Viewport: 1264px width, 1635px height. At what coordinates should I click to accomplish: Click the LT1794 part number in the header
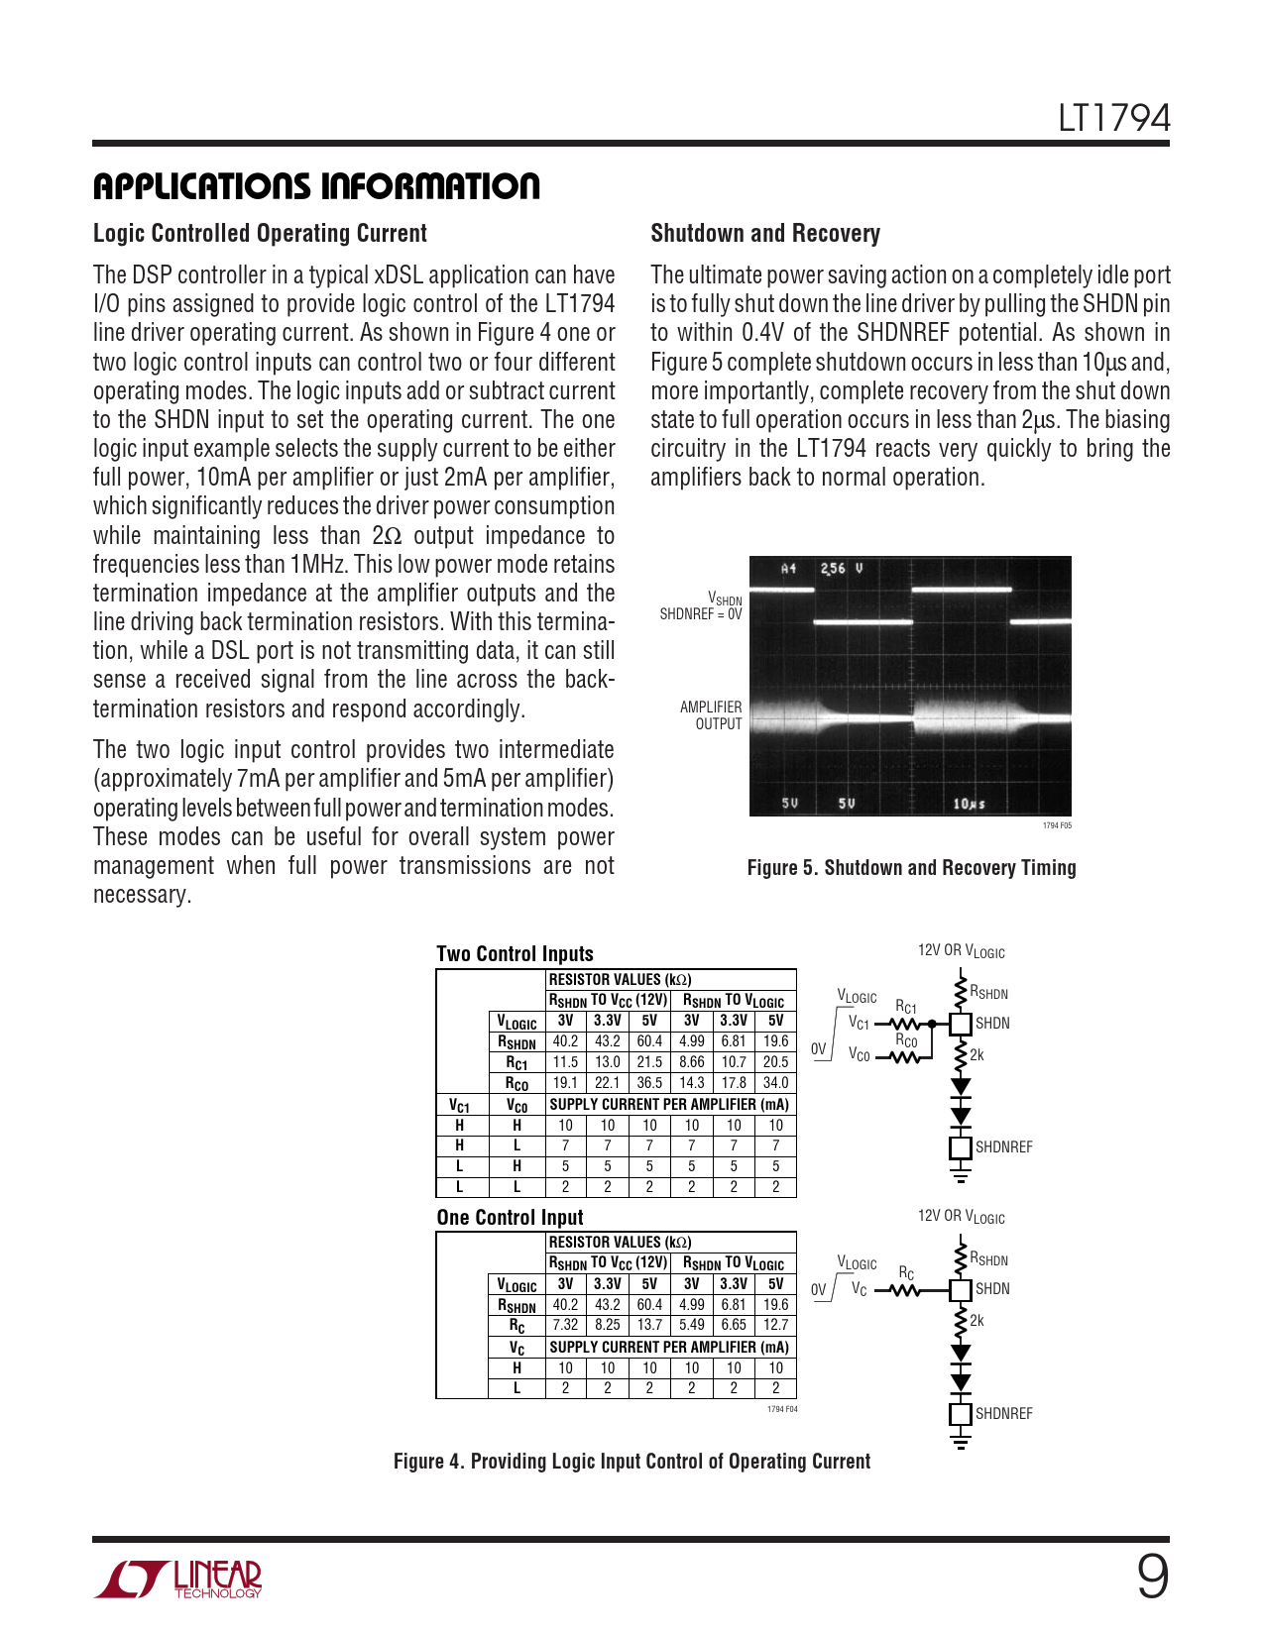coord(1113,119)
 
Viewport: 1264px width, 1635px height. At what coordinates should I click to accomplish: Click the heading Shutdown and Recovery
coord(764,234)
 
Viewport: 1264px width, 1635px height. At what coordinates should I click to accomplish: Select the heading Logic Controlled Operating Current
coord(260,234)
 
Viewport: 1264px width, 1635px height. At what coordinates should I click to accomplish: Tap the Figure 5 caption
coord(911,868)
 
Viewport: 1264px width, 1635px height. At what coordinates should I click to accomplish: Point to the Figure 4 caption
coord(632,1462)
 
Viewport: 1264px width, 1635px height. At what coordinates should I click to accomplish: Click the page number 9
coord(1152,1577)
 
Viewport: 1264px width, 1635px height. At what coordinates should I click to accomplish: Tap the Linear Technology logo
coord(178,1579)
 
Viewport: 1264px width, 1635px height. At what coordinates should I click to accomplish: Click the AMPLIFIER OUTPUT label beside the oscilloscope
coord(711,715)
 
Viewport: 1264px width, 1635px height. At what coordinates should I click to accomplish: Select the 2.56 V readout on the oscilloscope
coord(841,569)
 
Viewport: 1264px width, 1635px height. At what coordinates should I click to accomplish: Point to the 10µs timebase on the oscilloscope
coord(969,804)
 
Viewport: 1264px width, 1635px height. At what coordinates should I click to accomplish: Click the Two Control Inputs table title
coord(515,954)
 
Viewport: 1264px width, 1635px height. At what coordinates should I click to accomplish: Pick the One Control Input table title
coord(510,1218)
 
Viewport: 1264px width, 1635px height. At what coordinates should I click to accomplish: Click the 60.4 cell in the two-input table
coord(649,1041)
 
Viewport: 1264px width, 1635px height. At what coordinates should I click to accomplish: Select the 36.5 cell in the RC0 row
coord(649,1083)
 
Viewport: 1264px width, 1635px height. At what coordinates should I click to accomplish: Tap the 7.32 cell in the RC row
coord(565,1325)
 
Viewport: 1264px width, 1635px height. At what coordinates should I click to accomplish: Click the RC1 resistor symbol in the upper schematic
coord(906,1024)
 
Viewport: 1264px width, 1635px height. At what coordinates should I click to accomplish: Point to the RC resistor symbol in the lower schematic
coord(906,1290)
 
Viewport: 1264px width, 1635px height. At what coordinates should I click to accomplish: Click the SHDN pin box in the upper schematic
coord(960,1024)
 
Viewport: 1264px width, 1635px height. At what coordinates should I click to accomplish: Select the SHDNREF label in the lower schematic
coord(1003,1414)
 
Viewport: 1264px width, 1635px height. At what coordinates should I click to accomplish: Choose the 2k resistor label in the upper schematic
coord(977,1055)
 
